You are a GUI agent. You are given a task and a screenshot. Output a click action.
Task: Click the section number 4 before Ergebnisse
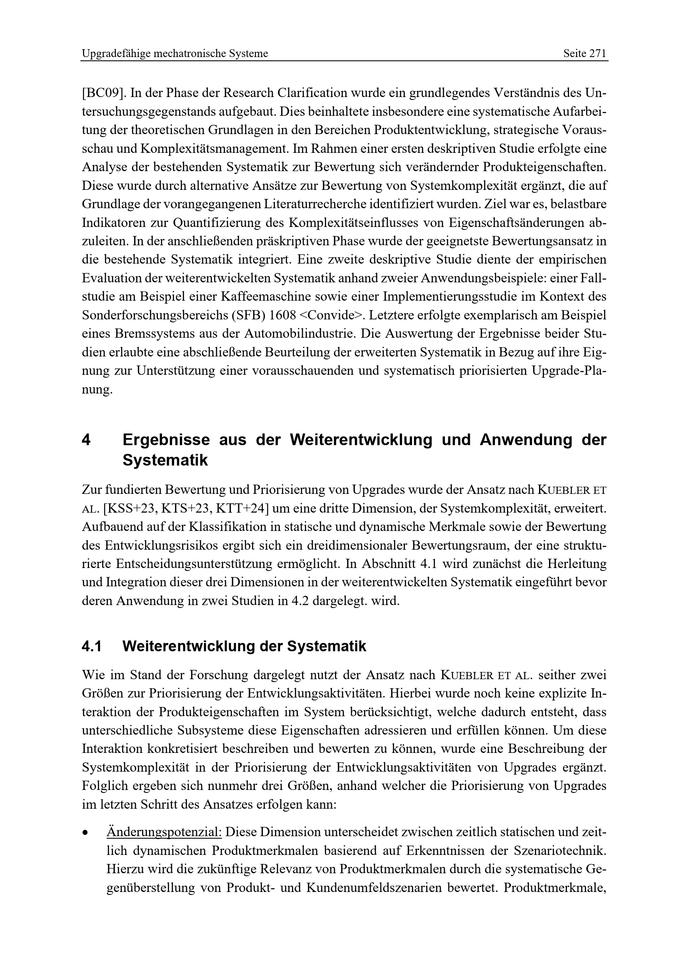86,440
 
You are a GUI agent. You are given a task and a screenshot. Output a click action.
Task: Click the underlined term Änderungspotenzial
164,832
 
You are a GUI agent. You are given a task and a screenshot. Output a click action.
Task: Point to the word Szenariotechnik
559,851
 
